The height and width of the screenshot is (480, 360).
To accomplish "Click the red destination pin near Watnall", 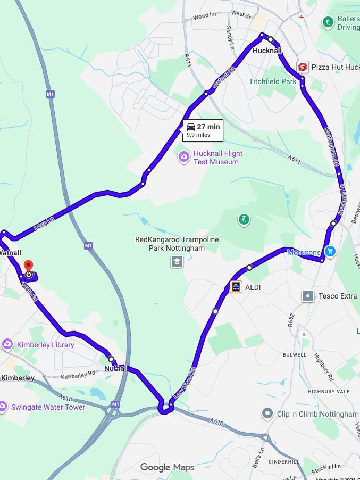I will pos(29,266).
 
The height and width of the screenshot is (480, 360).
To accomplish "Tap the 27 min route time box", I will pos(203,130).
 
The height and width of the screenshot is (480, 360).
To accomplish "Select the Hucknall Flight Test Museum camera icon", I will pos(184,157).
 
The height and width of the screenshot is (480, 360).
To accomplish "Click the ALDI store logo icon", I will pos(236,287).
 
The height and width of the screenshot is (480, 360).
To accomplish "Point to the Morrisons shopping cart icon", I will pos(330,251).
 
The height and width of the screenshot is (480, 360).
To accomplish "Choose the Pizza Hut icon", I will pos(303,67).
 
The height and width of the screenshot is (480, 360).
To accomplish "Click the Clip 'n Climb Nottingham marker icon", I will pos(267,413).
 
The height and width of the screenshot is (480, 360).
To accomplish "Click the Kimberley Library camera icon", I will pos(7,344).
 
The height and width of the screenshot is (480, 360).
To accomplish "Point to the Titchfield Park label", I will pos(273,82).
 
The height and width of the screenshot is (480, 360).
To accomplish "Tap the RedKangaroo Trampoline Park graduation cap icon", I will pos(177,261).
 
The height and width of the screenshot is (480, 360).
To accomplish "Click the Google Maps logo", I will pos(167,467).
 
